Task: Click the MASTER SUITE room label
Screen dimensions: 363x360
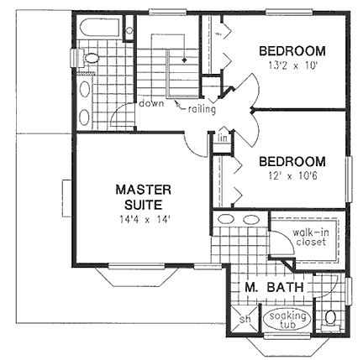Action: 143,197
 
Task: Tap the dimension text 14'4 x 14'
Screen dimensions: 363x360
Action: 145,220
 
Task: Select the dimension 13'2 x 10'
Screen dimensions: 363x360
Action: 292,65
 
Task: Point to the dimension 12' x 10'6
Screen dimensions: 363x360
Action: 292,176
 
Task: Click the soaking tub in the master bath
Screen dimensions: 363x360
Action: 287,320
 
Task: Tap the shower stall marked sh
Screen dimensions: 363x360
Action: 245,320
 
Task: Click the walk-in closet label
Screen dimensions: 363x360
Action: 311,237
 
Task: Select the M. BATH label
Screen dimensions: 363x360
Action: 274,287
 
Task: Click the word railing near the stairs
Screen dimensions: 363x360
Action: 202,109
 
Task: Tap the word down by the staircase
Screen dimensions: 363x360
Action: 151,103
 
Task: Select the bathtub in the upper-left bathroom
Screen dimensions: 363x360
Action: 100,28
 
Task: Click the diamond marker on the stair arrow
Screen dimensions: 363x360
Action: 184,60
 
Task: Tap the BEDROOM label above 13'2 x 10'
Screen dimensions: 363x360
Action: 292,51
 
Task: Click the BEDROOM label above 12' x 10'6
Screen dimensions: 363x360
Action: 292,161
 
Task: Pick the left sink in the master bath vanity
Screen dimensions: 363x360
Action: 226,219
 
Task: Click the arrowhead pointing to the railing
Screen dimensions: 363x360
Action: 177,104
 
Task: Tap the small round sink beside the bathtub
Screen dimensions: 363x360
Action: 129,30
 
